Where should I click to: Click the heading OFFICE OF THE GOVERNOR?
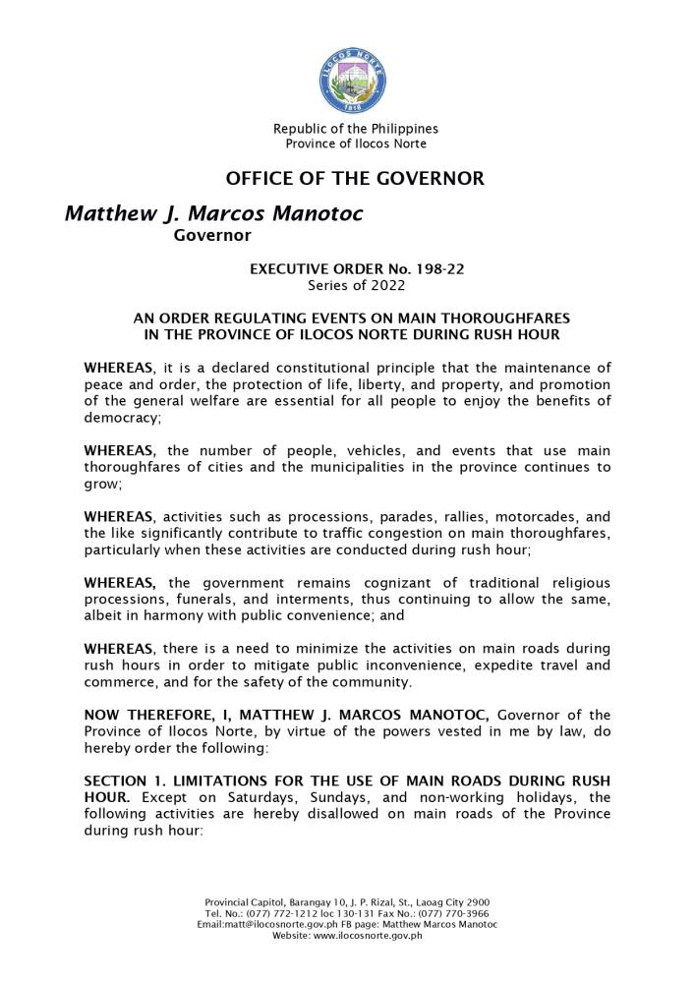(355, 179)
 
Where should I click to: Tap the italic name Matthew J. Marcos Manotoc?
(213, 213)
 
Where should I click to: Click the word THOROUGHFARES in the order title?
(504, 318)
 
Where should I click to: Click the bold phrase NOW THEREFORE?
(142, 715)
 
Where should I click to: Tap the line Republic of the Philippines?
(355, 129)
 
